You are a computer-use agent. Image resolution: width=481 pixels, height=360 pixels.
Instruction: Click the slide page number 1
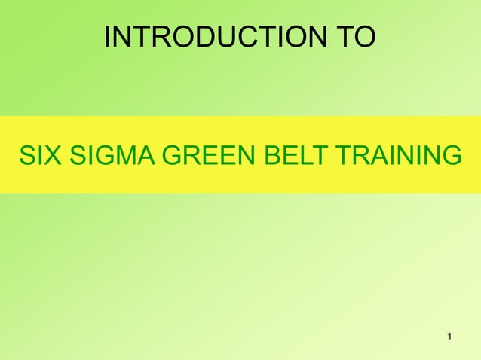[449, 335]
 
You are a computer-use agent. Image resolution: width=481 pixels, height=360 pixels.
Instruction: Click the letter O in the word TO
[364, 38]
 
